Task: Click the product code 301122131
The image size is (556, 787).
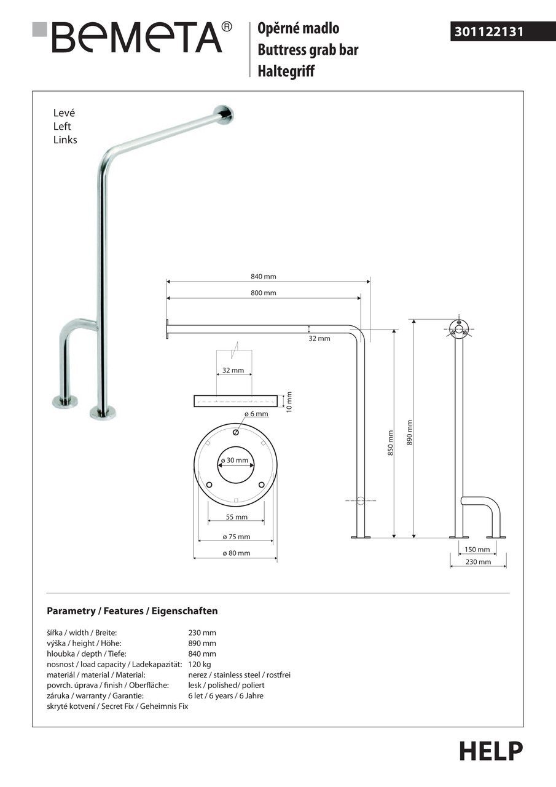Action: point(489,32)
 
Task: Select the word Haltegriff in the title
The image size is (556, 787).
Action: point(286,71)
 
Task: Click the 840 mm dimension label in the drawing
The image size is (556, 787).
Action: point(263,277)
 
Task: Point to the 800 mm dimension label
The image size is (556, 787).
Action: point(263,293)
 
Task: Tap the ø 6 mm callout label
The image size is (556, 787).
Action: point(256,414)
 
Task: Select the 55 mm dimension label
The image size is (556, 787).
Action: point(236,517)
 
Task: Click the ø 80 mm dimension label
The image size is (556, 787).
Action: point(236,553)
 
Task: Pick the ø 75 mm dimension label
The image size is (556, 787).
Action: point(236,537)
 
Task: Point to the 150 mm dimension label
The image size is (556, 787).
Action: point(477,549)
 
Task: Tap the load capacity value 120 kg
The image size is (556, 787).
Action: point(200,664)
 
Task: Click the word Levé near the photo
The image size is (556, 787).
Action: point(64,113)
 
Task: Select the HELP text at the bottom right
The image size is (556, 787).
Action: point(491,751)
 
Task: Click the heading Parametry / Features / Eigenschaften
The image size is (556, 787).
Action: point(132,611)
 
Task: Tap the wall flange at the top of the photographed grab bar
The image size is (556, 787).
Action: point(224,114)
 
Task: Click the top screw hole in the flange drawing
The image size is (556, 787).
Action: point(236,433)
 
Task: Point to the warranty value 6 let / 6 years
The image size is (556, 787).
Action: point(225,696)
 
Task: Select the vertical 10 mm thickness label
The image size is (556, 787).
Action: point(290,401)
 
